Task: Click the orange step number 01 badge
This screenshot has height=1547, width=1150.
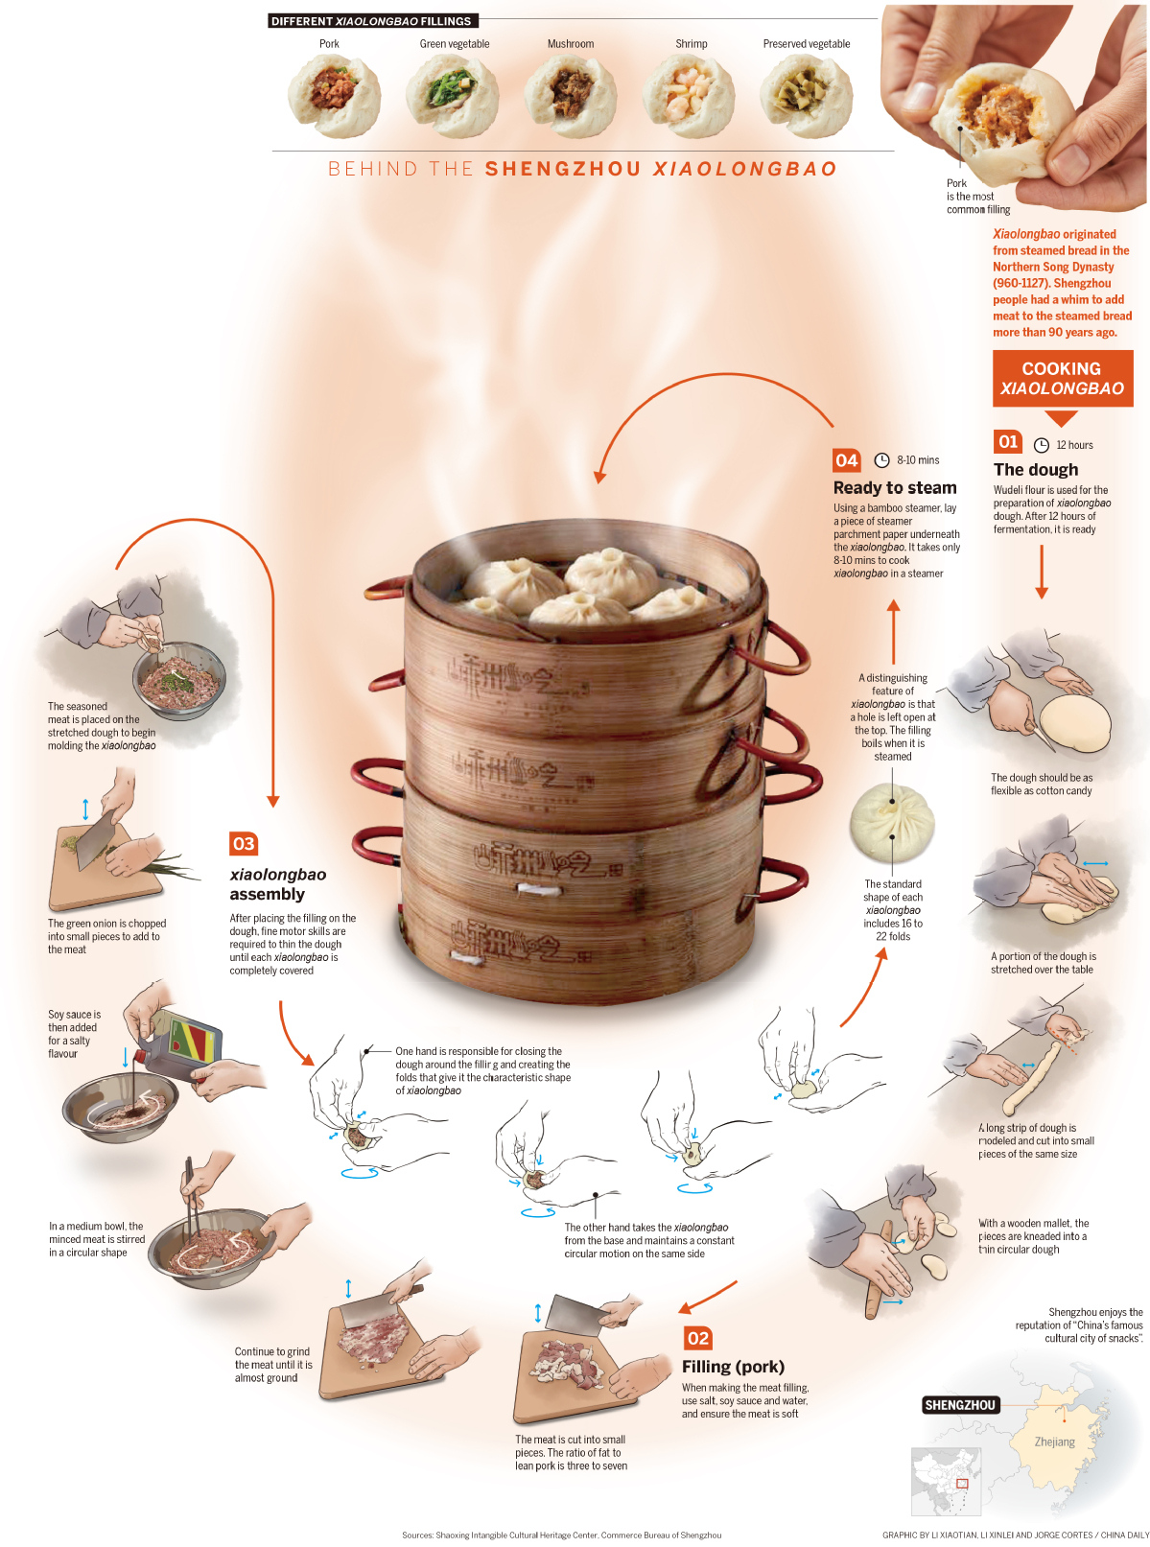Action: (x=1008, y=442)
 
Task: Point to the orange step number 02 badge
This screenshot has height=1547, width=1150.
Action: (x=698, y=1338)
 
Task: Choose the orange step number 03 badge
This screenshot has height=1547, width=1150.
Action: (x=244, y=844)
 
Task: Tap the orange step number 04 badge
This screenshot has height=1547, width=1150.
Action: (x=847, y=460)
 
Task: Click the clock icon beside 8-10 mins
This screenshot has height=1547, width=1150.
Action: (x=881, y=460)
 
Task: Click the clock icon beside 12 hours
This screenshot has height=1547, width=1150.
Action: (x=1042, y=445)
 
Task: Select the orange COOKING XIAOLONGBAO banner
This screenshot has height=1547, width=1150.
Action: (x=1062, y=378)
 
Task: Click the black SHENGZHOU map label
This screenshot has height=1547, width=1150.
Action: (x=960, y=1405)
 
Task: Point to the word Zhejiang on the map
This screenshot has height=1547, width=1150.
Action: (x=1055, y=1442)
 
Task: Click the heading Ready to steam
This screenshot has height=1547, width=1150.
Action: (x=895, y=488)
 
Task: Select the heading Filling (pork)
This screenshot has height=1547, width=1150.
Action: (x=733, y=1367)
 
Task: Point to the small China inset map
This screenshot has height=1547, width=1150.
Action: (x=946, y=1478)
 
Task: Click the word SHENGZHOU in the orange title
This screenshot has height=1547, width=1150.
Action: (x=563, y=170)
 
